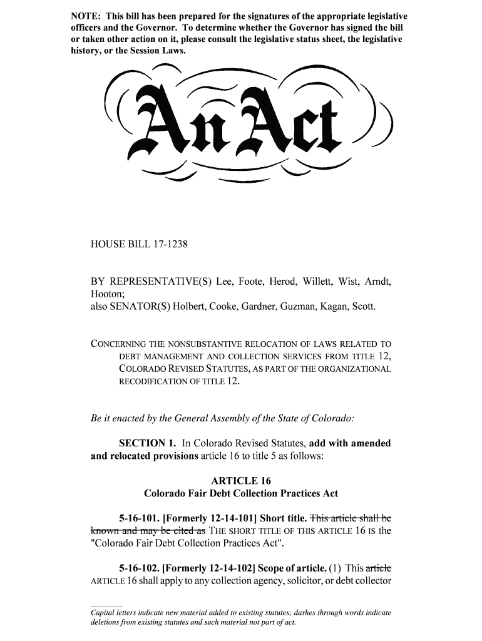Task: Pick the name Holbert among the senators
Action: coord(192,306)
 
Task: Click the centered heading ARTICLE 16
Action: coord(241,481)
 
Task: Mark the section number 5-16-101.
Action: coord(138,518)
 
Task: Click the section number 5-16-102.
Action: coord(138,568)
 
